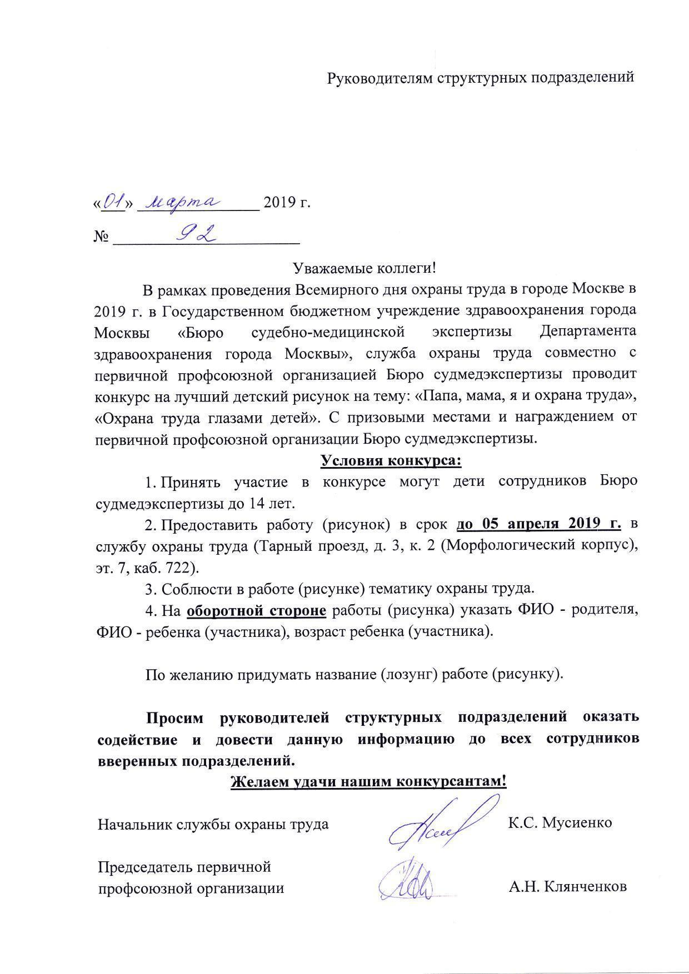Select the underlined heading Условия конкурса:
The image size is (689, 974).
[x=391, y=461]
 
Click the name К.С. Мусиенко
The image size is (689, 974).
[x=560, y=822]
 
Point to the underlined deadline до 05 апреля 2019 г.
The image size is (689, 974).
[x=538, y=524]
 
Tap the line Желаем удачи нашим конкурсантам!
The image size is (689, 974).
[x=368, y=781]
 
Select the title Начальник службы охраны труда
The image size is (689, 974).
[x=213, y=823]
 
